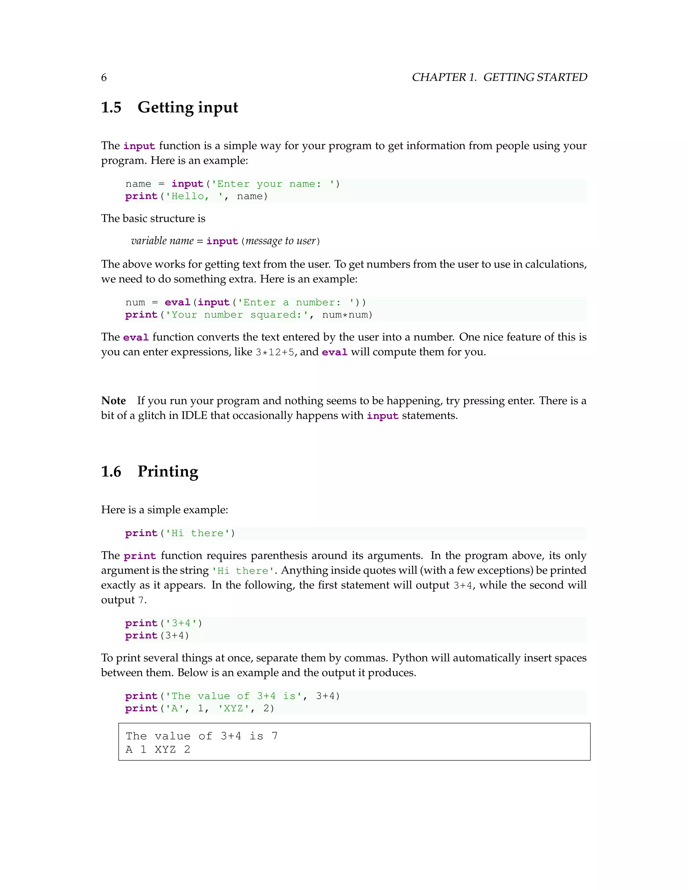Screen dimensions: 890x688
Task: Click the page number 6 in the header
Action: (x=104, y=78)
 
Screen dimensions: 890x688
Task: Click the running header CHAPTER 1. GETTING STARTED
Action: (x=499, y=78)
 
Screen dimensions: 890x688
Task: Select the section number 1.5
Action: (x=111, y=107)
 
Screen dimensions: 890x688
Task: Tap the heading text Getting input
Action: (x=187, y=107)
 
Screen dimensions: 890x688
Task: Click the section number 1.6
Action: (x=111, y=472)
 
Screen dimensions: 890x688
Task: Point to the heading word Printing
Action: (x=168, y=472)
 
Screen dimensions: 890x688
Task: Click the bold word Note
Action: (x=113, y=401)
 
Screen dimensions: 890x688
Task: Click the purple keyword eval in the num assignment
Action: (x=178, y=302)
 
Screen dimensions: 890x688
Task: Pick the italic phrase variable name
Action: (x=162, y=241)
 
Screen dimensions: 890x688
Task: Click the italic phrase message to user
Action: (x=281, y=241)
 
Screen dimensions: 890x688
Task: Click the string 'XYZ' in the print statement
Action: (x=233, y=708)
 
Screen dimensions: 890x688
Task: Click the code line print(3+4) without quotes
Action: (x=157, y=636)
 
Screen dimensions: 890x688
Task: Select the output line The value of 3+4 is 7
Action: (x=201, y=736)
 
